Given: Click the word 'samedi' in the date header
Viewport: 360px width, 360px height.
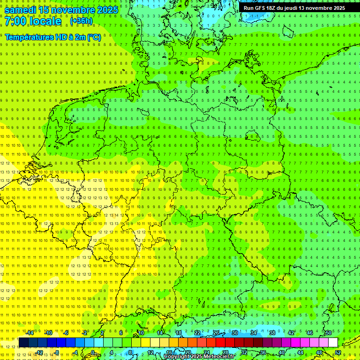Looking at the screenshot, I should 21,10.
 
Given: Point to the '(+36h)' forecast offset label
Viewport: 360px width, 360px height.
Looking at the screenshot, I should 81,21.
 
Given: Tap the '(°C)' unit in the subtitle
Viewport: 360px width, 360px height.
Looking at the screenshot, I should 94,37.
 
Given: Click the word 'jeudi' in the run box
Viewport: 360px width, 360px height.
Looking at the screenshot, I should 295,8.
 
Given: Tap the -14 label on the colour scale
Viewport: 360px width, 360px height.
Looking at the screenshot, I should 30,333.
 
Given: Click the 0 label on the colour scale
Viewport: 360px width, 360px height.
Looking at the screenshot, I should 93,352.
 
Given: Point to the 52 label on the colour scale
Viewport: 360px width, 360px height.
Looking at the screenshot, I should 338,352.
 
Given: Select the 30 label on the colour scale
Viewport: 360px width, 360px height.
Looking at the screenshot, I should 234,333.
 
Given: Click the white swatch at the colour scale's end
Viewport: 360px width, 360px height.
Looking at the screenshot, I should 333,342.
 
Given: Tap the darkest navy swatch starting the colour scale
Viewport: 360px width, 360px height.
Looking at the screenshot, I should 23,342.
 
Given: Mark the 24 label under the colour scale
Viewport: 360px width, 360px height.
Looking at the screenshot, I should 206,352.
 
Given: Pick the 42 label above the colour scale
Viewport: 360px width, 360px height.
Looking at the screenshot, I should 291,333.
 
